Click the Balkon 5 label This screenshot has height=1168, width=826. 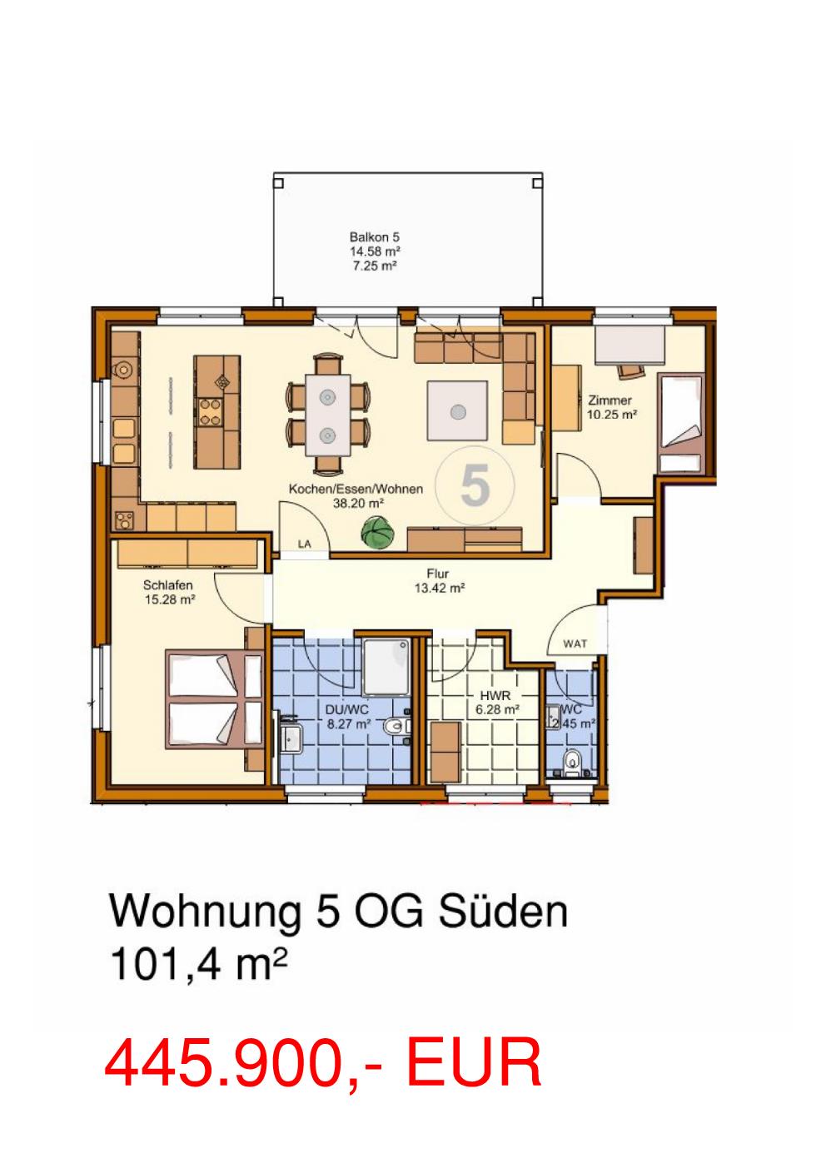(375, 237)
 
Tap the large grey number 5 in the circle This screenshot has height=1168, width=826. (475, 485)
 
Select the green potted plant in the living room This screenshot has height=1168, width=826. (377, 532)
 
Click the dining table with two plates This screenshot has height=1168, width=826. (327, 415)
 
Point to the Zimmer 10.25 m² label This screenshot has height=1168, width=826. (612, 408)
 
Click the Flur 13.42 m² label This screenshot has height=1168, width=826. (439, 581)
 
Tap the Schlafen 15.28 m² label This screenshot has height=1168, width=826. (169, 593)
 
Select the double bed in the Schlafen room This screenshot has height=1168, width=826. (214, 699)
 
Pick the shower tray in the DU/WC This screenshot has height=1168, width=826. (386, 666)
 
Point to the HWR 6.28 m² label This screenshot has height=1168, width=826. (496, 703)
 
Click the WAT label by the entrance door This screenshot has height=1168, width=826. (575, 644)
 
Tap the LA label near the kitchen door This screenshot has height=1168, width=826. (305, 544)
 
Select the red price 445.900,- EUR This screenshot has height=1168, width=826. (323, 1062)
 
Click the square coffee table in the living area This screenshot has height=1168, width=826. (457, 410)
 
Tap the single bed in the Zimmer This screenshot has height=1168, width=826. (682, 423)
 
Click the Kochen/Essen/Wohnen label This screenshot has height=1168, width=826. (356, 490)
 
